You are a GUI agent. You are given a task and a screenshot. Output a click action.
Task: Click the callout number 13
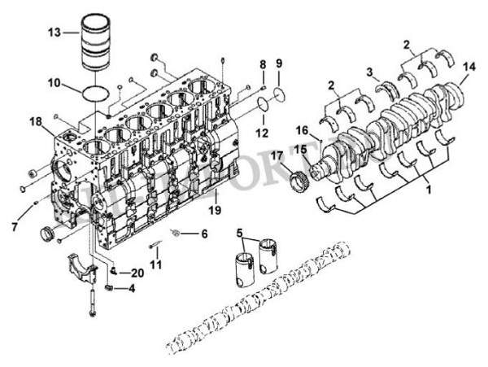tap(54, 33)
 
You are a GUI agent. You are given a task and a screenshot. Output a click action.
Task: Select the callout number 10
tap(53, 82)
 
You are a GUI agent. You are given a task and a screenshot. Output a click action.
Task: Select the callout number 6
tap(203, 234)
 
